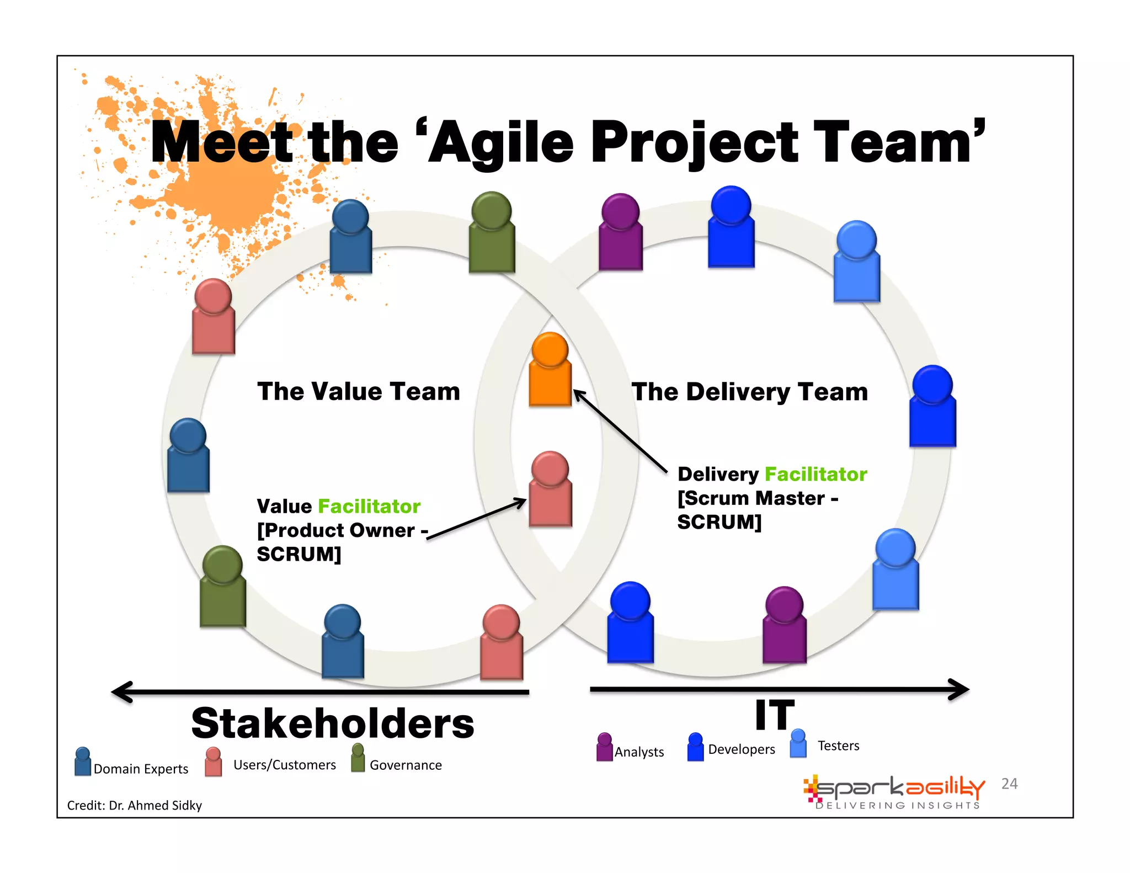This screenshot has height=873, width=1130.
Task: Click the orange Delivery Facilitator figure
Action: tap(550, 370)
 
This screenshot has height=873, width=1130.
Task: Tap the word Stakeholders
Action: tap(332, 723)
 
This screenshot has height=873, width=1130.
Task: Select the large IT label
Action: tap(775, 715)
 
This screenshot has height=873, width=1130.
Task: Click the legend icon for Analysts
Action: tap(605, 747)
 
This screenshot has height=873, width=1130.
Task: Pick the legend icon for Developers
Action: tap(695, 747)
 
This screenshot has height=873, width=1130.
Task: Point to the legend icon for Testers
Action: tap(798, 743)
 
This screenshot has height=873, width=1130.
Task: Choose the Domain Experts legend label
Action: tap(141, 769)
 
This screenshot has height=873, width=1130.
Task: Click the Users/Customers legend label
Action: tap(284, 765)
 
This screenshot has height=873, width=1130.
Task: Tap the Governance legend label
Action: tap(406, 765)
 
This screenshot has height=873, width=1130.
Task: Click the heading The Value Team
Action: tap(359, 391)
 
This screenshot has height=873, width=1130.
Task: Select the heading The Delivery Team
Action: tap(750, 392)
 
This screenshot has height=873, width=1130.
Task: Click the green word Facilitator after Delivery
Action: tap(815, 474)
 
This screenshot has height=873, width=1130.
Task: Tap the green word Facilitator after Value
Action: tap(369, 506)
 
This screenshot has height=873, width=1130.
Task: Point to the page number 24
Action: tap(1009, 784)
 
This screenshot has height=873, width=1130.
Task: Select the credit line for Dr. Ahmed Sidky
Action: tap(135, 805)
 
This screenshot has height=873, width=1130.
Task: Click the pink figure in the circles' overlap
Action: tap(550, 489)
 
